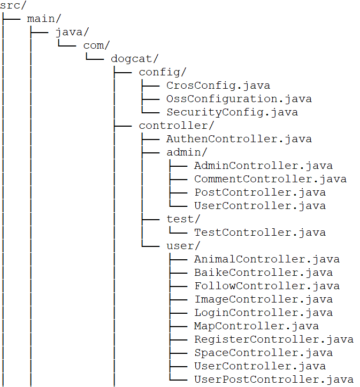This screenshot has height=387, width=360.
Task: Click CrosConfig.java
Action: [218, 86]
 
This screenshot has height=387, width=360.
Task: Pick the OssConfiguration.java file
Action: [239, 99]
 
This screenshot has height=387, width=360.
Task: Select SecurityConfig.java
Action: [232, 112]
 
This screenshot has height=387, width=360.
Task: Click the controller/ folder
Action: [177, 126]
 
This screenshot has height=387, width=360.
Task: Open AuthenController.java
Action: [239, 139]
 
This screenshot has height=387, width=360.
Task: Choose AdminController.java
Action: [263, 166]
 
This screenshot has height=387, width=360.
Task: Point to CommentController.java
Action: [270, 179]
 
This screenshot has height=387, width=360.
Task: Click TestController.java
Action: [260, 233]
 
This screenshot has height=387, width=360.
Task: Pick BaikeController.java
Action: [263, 273]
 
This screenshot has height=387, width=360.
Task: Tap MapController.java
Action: [256, 326]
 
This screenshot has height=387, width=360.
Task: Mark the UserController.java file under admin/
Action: [260, 206]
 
